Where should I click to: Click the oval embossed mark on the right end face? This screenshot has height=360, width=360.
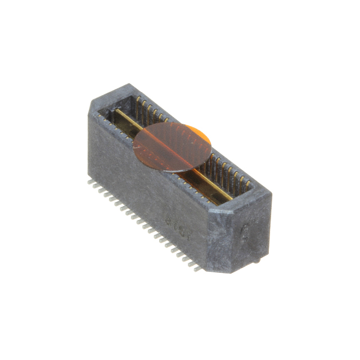coord(245,232)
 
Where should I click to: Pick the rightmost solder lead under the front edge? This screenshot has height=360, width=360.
coord(196,269)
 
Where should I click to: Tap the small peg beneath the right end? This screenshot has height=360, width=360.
coord(256,261)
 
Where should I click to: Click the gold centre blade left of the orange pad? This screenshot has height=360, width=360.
coord(127,119)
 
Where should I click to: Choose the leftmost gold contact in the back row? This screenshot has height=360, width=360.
coord(138,101)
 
